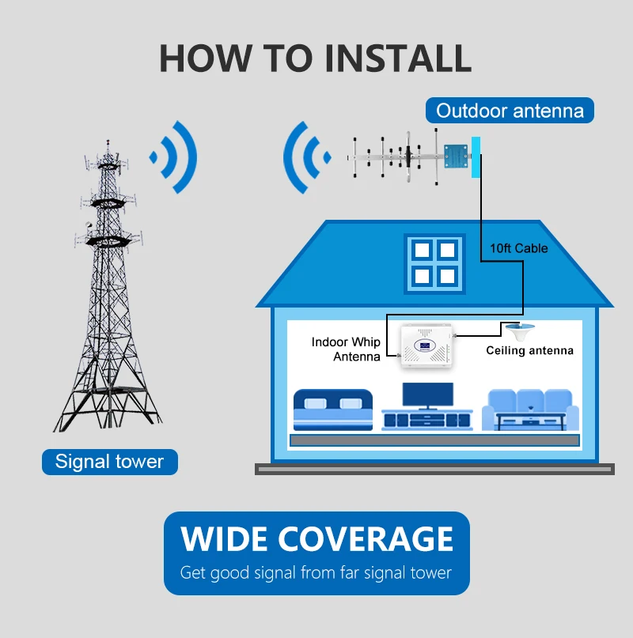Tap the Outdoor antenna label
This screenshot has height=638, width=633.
click(510, 111)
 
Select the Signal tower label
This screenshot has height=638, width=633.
click(109, 461)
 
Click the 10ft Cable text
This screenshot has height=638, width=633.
click(519, 248)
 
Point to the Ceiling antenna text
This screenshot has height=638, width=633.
click(529, 350)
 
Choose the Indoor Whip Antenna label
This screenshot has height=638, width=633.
click(346, 349)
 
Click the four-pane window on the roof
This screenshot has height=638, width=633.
click(434, 262)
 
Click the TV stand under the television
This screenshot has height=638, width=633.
click(427, 420)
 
